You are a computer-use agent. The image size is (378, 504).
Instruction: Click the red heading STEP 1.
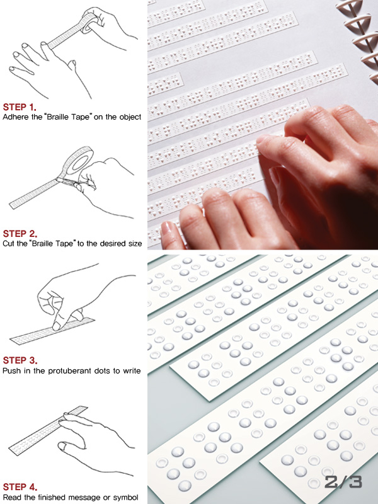coord(20,107)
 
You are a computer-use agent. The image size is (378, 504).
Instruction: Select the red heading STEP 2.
coord(20,234)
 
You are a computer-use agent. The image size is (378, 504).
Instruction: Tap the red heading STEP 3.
coord(20,360)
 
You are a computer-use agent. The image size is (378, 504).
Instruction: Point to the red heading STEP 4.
coord(20,487)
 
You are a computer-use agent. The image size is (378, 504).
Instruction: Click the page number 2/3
coord(343,482)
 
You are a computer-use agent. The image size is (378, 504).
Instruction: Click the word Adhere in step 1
coord(12,117)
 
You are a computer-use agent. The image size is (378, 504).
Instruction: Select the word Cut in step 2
coord(8,244)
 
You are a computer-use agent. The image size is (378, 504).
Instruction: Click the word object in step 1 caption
coord(130,117)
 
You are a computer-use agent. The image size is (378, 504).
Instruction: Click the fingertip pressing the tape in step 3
coord(57,326)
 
